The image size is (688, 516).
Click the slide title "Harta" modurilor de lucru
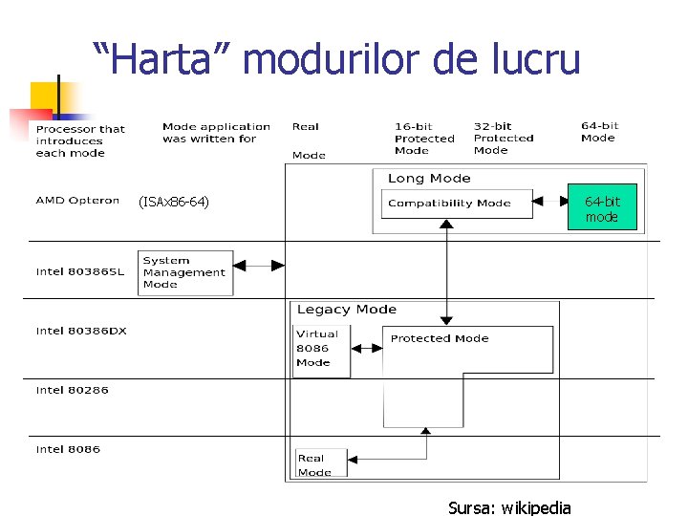pos(336,59)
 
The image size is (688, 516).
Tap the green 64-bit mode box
pos(601,208)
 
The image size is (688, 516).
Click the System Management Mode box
pos(185,272)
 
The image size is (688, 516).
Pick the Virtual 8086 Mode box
pos(320,350)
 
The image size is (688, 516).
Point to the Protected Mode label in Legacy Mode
pos(440,338)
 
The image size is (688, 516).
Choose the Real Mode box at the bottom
pos(320,464)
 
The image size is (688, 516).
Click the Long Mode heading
pos(429,179)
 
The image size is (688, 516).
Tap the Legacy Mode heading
pos(347,310)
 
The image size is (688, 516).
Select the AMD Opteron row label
pos(77,201)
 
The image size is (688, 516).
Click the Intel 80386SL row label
pos(80,271)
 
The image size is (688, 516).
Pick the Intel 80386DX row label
pos(81,332)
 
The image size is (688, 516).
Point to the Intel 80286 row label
pos(73,390)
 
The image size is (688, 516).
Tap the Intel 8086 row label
pos(68,449)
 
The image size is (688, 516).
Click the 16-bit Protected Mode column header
pos(424,139)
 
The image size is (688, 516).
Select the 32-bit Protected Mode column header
pos(504,139)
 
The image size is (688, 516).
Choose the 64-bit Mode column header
pos(599,132)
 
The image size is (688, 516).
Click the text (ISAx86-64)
pos(173,202)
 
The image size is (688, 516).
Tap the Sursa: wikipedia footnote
pos(509,507)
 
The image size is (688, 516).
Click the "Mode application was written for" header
pos(216,133)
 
